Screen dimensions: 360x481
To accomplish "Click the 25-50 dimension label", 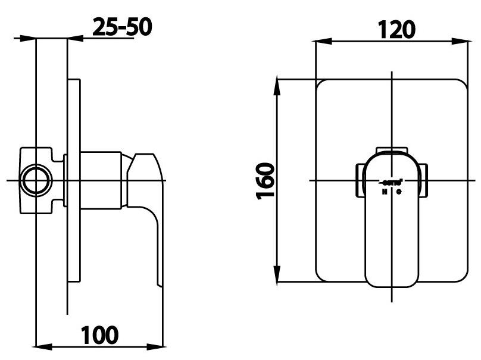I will tap(122, 26).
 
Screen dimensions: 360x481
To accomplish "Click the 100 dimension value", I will tap(99, 334).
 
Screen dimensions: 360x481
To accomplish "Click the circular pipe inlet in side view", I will tap(36, 180).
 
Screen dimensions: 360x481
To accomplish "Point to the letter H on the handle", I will tap(385, 192).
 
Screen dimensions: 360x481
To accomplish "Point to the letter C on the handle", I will tap(400, 192).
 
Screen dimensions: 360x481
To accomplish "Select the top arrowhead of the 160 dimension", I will tap(277, 84).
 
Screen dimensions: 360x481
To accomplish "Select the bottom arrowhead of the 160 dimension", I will tap(277, 276).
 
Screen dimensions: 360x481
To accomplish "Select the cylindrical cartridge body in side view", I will tap(101, 180).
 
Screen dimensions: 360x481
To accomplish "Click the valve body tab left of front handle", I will tap(360, 180).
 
